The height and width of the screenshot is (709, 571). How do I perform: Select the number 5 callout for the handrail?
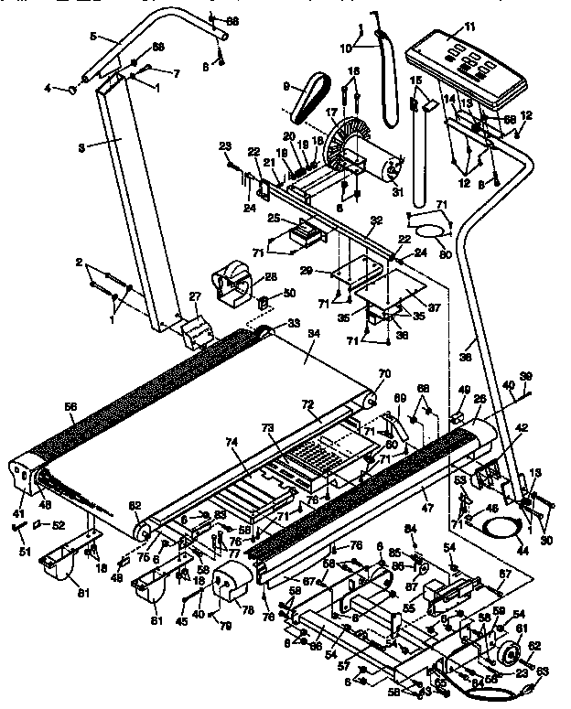[x=93, y=38]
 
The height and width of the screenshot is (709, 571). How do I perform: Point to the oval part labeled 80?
[x=429, y=223]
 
